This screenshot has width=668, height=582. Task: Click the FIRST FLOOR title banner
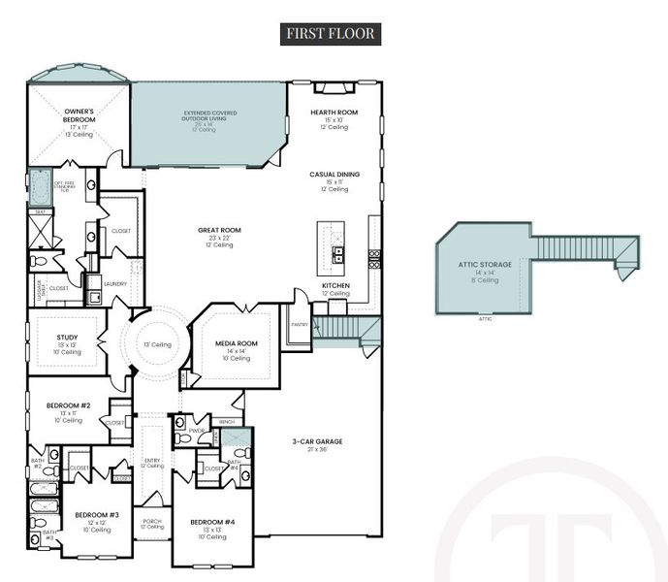click(330, 33)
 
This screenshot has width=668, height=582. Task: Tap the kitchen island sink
click(339, 255)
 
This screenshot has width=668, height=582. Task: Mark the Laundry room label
click(115, 283)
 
